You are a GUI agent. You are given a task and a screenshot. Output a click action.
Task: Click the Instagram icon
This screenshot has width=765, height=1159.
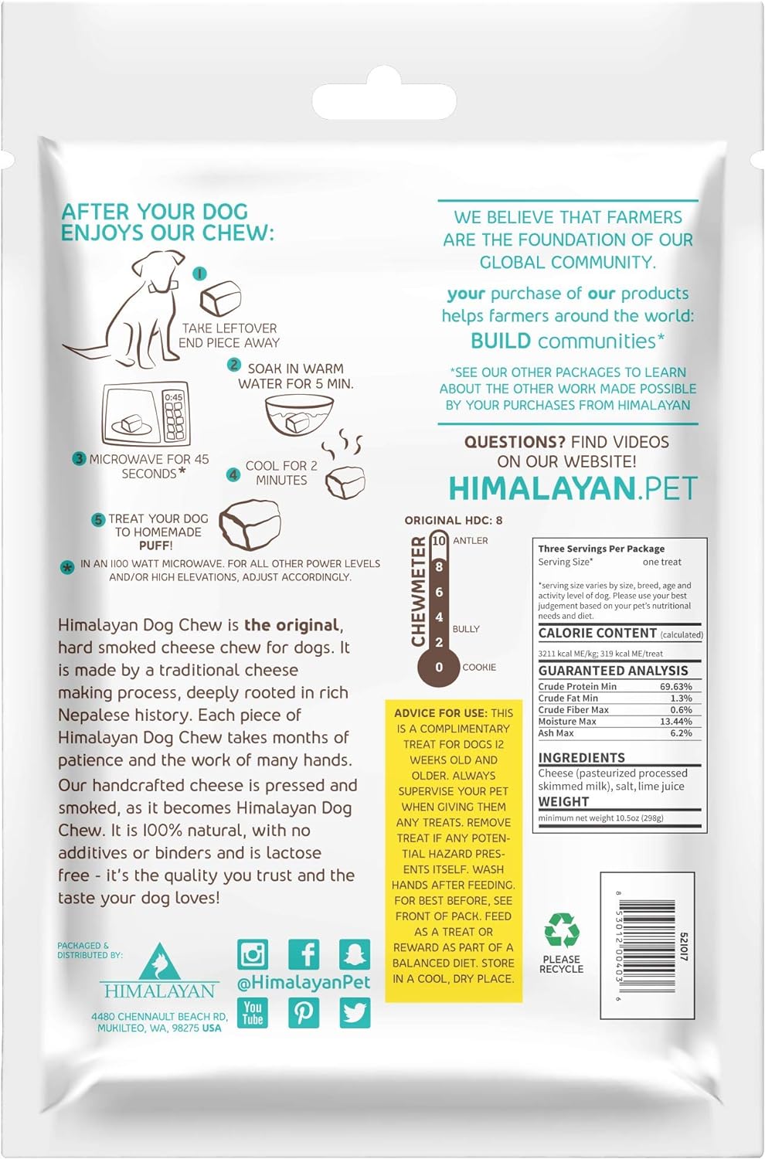click(252, 955)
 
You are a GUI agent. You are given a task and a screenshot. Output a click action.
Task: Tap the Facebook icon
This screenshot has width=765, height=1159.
click(304, 955)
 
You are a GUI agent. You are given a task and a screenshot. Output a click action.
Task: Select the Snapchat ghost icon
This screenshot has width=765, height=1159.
click(355, 955)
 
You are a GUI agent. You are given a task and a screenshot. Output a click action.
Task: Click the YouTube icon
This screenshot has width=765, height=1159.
click(253, 1012)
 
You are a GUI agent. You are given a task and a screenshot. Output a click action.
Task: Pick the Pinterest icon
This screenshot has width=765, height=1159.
click(304, 1012)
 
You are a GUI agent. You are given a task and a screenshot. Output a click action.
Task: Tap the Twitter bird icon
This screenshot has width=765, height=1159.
click(355, 1012)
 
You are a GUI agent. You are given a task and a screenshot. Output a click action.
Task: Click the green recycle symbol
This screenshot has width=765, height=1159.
click(562, 930)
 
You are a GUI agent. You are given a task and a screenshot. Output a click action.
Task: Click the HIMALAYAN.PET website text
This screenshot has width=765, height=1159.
click(573, 488)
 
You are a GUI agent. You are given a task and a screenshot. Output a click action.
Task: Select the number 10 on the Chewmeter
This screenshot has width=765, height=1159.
click(439, 541)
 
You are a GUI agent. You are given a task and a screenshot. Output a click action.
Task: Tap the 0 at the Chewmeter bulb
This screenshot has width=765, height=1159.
click(439, 667)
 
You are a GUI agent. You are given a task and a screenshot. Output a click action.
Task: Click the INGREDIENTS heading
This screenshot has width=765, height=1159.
click(581, 758)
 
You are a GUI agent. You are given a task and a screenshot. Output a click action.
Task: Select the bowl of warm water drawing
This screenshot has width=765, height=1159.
click(298, 416)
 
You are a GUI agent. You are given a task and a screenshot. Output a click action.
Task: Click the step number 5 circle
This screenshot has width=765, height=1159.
click(98, 520)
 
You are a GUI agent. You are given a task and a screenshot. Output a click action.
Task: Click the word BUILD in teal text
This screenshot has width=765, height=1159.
click(501, 341)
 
